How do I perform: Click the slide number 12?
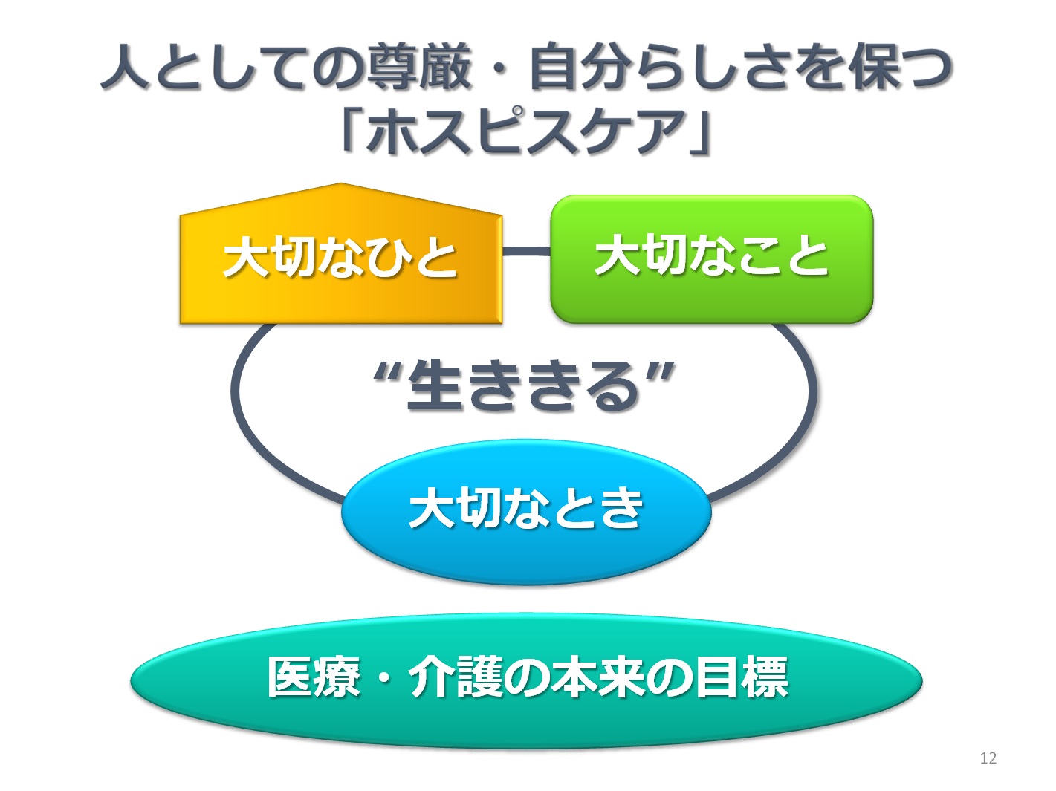[988, 758]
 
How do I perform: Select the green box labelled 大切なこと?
[711, 258]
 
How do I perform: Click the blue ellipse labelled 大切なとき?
[526, 511]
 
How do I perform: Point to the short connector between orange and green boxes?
[527, 251]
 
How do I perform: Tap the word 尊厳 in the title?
[418, 68]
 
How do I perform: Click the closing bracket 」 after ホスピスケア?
[700, 134]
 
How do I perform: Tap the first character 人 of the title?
[126, 68]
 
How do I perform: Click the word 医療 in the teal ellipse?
[314, 677]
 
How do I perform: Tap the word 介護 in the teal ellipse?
[455, 677]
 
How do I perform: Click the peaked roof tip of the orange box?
[341, 183]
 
